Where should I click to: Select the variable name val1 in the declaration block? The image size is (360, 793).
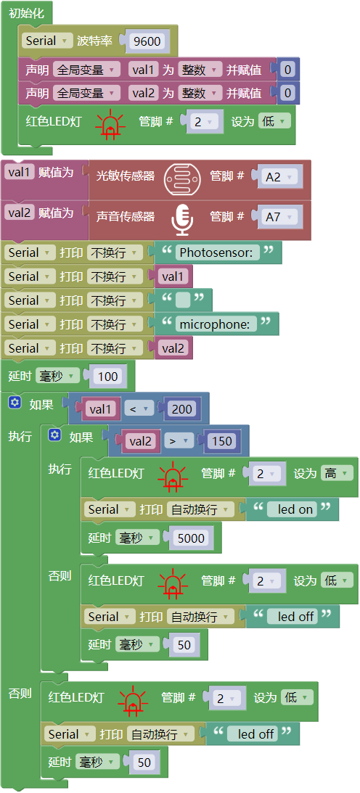(x=144, y=69)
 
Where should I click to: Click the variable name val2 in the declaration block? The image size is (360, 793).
(x=144, y=93)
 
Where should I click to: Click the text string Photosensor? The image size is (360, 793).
(x=216, y=252)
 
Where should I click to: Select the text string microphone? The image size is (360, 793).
(x=215, y=324)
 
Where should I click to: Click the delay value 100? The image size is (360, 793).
(x=108, y=377)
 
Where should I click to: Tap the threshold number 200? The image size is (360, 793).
(x=181, y=408)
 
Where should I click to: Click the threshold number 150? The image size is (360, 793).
(x=221, y=441)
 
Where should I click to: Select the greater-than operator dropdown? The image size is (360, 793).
(x=179, y=441)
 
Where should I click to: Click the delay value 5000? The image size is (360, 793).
(x=191, y=538)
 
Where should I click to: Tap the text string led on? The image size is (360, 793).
(x=295, y=509)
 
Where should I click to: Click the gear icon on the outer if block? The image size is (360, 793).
(x=15, y=403)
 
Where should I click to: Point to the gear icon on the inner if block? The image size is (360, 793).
(x=54, y=435)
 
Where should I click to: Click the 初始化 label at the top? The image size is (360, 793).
(x=26, y=14)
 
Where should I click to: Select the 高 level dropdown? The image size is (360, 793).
(x=336, y=473)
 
